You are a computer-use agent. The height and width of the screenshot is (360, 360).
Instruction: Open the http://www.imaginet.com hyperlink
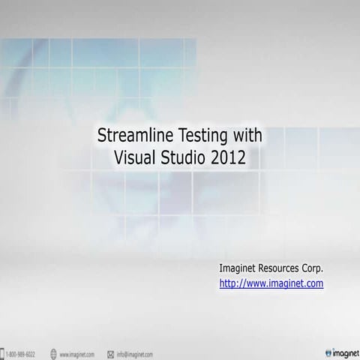[271, 283]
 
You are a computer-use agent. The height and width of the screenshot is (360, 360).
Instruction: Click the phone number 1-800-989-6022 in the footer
[21, 353]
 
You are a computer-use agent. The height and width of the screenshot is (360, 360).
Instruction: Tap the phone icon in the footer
[4, 353]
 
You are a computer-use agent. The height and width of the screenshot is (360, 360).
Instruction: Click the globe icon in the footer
[53, 353]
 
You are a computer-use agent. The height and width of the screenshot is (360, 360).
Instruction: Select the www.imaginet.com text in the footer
[76, 353]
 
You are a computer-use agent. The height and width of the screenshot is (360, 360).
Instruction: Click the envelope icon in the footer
[110, 353]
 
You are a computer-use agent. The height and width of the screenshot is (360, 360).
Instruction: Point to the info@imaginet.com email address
[135, 353]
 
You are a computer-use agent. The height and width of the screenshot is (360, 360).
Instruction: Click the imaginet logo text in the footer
[346, 352]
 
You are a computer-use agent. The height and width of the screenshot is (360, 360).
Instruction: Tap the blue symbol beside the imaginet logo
[328, 352]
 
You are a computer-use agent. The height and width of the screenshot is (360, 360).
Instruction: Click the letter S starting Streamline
[103, 136]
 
